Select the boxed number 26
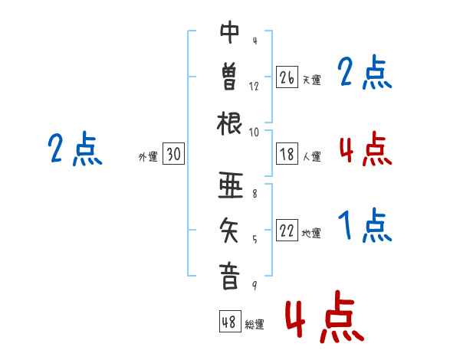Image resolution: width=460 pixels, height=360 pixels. [287, 77]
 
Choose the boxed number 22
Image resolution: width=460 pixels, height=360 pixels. [287, 231]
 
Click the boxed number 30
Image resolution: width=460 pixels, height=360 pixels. [173, 155]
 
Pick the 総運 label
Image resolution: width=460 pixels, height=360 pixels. [255, 325]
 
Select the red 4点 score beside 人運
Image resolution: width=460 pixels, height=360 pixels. [365, 149]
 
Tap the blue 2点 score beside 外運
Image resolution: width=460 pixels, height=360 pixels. [75, 149]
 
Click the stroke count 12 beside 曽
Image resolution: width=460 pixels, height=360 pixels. [254, 87]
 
